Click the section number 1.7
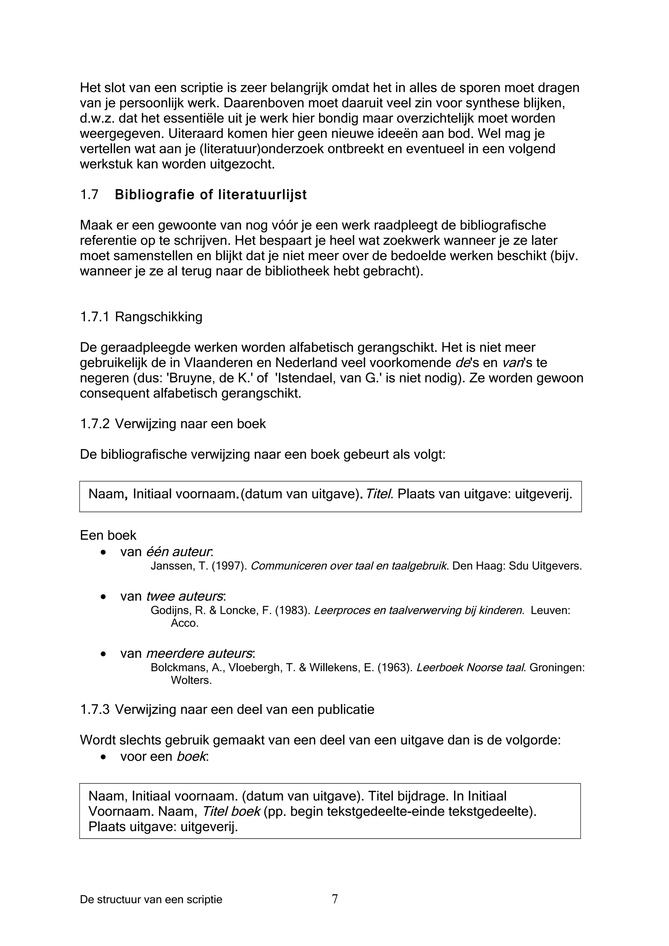coord(89,195)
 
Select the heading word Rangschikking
coord(159,317)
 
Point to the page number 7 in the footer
coord(335,910)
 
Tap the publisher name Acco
coord(184,623)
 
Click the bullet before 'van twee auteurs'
coord(104,597)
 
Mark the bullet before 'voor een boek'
coord(104,757)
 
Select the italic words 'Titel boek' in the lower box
coord(231,811)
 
